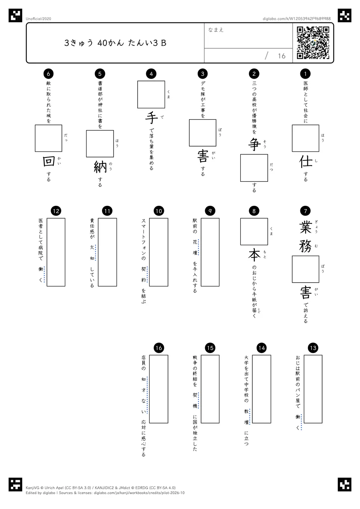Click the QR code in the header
pos(313,43)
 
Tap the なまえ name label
pos(216,30)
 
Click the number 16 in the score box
pos(282,56)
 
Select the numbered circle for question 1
pos(305,73)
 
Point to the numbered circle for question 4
pos(151,73)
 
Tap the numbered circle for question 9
pos(210,211)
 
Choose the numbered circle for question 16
pos(159,348)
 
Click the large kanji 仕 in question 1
pos(306,162)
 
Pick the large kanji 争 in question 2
pos(254,144)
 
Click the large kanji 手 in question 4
pos(151,118)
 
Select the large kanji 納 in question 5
pos(100,167)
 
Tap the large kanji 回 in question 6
pos(49,161)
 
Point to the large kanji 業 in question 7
pos(306,228)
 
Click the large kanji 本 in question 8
pos(254,255)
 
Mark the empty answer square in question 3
pos(202,133)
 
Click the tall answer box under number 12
pos(56,252)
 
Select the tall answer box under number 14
pos(261,389)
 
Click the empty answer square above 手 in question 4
pos(151,94)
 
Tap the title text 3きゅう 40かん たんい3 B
pos(115,43)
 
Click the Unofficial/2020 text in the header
pos(38,19)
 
